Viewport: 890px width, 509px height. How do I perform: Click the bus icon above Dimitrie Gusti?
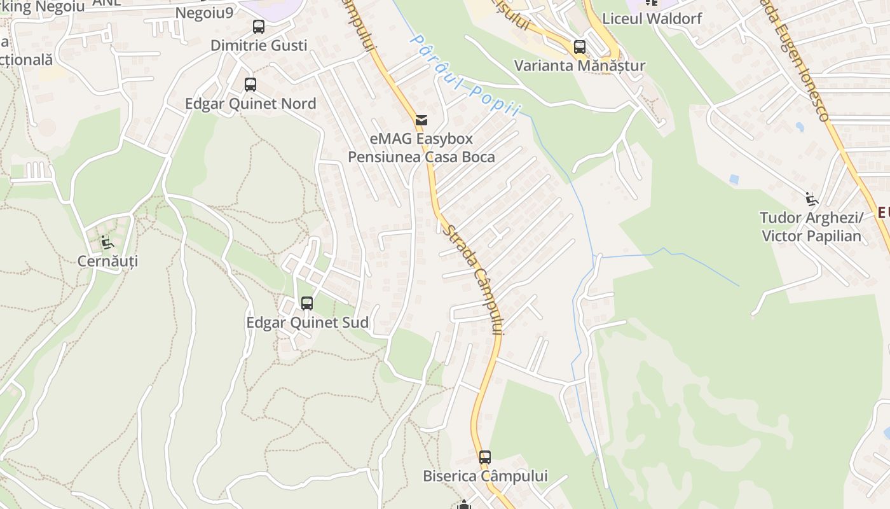(258, 27)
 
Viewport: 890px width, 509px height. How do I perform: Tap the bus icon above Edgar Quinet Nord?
(250, 85)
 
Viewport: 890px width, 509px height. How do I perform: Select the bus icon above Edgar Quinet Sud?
(307, 303)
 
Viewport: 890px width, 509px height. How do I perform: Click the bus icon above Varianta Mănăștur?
(579, 47)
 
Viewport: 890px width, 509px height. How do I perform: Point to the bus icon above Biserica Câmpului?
(485, 457)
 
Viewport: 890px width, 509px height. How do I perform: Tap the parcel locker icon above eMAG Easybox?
(421, 120)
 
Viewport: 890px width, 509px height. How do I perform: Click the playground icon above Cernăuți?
(107, 242)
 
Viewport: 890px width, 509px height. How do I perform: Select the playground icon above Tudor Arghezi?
(811, 199)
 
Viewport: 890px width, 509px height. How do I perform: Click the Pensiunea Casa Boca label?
(421, 157)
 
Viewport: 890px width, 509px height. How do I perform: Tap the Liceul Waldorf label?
(652, 18)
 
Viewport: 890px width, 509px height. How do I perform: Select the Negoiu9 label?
(204, 13)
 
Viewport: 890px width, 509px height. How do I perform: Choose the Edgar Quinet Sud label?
(307, 323)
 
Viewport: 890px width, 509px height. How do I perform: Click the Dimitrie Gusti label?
(259, 45)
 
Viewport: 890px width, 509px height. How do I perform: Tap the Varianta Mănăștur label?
(579, 66)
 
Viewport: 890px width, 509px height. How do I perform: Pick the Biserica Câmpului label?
(485, 476)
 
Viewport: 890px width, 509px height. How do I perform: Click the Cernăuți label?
(107, 261)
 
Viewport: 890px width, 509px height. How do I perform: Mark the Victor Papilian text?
(811, 236)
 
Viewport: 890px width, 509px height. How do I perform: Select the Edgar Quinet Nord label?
(250, 104)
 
